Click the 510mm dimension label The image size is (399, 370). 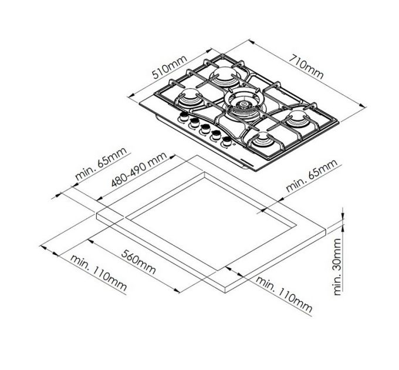170,66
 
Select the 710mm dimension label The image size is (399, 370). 306,67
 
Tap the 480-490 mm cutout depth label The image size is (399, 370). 139,169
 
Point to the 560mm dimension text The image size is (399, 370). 138,262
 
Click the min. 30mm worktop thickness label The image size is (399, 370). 337,267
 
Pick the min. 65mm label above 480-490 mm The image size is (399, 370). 101,164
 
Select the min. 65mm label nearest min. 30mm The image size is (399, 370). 312,176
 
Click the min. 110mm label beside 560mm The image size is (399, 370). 98,273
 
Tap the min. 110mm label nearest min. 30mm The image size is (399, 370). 284,294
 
